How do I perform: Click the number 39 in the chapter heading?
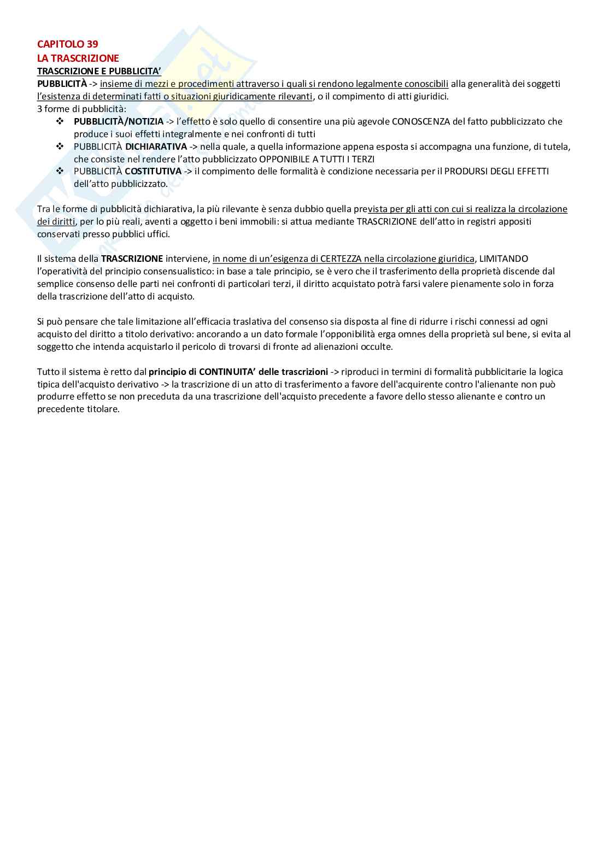[x=92, y=44]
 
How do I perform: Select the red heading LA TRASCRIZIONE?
[x=78, y=58]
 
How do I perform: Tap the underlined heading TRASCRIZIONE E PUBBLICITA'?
[x=99, y=71]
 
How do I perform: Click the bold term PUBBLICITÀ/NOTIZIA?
[x=119, y=121]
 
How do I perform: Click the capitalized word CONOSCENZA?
[x=421, y=121]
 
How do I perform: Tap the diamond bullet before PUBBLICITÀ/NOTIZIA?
[x=60, y=121]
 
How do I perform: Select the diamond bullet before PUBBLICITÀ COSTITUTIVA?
[x=60, y=171]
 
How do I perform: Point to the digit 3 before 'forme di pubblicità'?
[x=40, y=109]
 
